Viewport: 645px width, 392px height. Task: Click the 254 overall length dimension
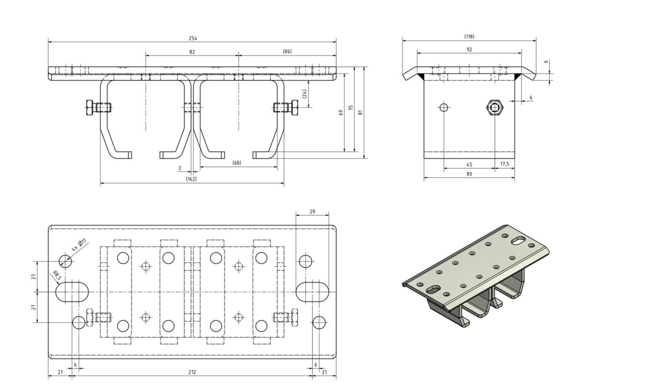coord(192,38)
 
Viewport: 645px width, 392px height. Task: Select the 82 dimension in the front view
coord(192,52)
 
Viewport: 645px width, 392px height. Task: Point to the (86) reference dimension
coord(287,52)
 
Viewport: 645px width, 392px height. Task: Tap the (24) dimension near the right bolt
coord(305,94)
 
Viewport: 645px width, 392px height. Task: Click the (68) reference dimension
coord(237,163)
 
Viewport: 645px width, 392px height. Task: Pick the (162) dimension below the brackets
coord(191,179)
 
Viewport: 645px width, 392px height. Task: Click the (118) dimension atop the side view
coord(469,36)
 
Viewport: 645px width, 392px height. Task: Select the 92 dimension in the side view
coord(469,49)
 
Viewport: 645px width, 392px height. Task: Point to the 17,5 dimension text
coord(505,164)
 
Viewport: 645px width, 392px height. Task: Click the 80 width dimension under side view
coord(469,174)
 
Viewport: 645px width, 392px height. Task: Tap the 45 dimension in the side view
coord(469,164)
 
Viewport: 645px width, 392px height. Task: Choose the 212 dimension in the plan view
coord(192,372)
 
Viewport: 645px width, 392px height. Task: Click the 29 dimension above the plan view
coord(312,211)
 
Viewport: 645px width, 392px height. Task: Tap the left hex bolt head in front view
coord(89,108)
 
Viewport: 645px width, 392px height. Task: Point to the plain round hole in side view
coord(444,107)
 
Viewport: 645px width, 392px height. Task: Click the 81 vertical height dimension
coord(360,113)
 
